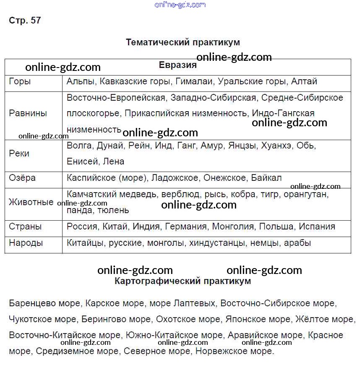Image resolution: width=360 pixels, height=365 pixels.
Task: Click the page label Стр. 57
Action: pyautogui.click(x=25, y=20)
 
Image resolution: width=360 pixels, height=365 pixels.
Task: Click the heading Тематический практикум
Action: pyautogui.click(x=183, y=42)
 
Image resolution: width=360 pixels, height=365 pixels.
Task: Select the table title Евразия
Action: pyautogui.click(x=178, y=65)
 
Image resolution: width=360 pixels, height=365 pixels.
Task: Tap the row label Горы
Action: pyautogui.click(x=20, y=81)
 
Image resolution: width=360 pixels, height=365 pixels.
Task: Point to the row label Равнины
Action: pyautogui.click(x=28, y=113)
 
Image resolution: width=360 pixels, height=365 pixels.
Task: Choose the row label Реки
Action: pyautogui.click(x=19, y=154)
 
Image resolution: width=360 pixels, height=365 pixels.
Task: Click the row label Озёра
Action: pyautogui.click(x=22, y=178)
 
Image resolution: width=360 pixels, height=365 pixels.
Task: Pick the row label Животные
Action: pyautogui.click(x=31, y=202)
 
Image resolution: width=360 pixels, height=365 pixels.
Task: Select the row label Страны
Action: pyautogui.click(x=25, y=227)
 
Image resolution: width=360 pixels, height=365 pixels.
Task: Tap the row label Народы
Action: pyautogui.click(x=26, y=242)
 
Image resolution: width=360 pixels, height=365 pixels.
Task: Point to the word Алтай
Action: pyautogui.click(x=304, y=81)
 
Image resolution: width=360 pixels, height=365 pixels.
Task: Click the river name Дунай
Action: pyautogui.click(x=110, y=146)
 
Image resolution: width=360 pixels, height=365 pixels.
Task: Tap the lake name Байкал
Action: pyautogui.click(x=266, y=178)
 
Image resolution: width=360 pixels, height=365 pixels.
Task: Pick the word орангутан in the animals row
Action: pyautogui.click(x=306, y=195)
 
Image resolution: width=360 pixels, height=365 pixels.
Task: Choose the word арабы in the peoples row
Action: pyautogui.click(x=297, y=242)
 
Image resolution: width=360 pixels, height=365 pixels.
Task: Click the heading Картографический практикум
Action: pyautogui.click(x=183, y=281)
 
